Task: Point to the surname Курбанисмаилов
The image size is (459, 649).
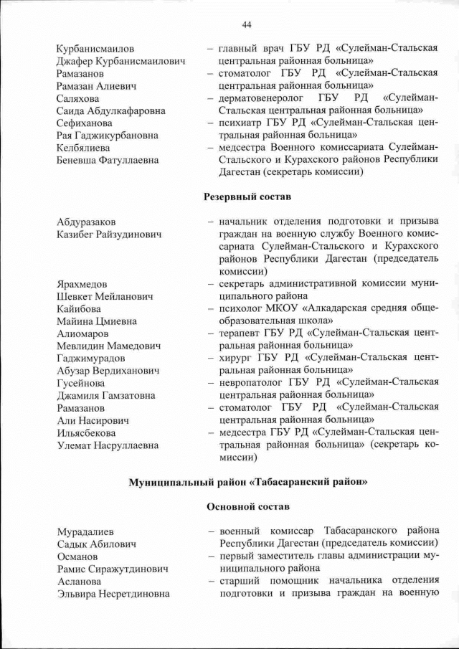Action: [x=95, y=49]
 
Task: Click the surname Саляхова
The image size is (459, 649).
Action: [x=78, y=98]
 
